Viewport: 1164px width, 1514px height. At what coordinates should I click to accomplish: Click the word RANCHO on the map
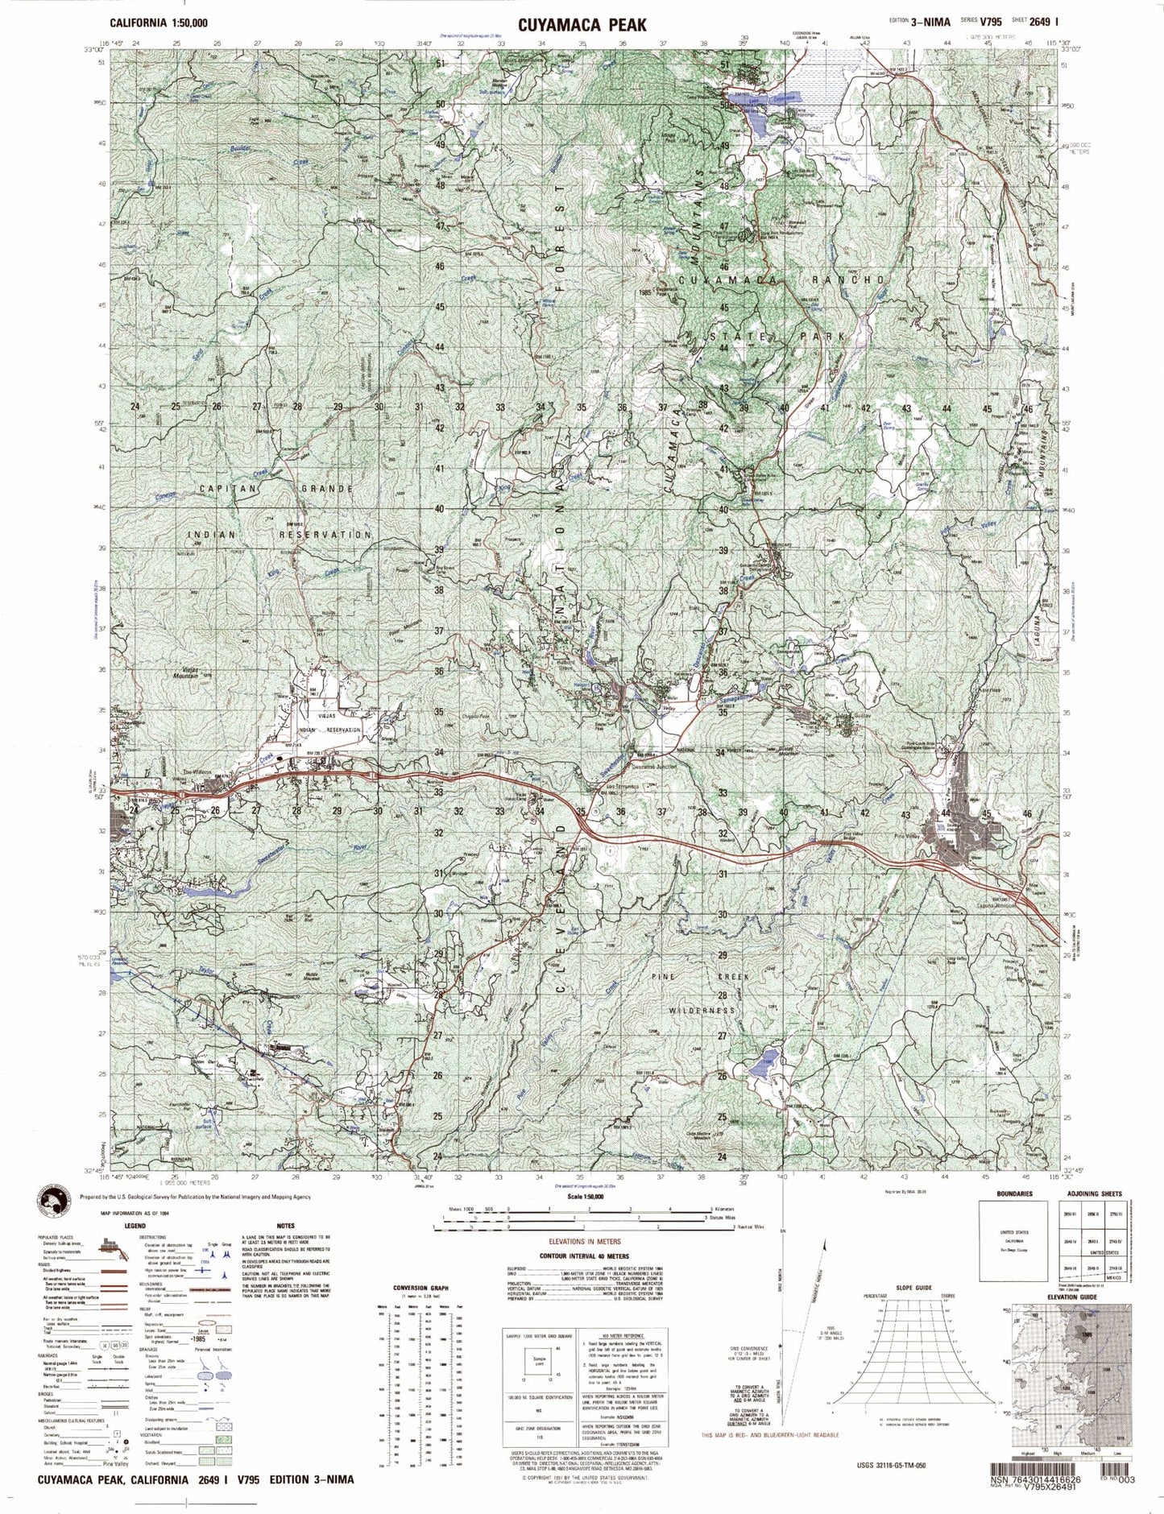click(853, 279)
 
